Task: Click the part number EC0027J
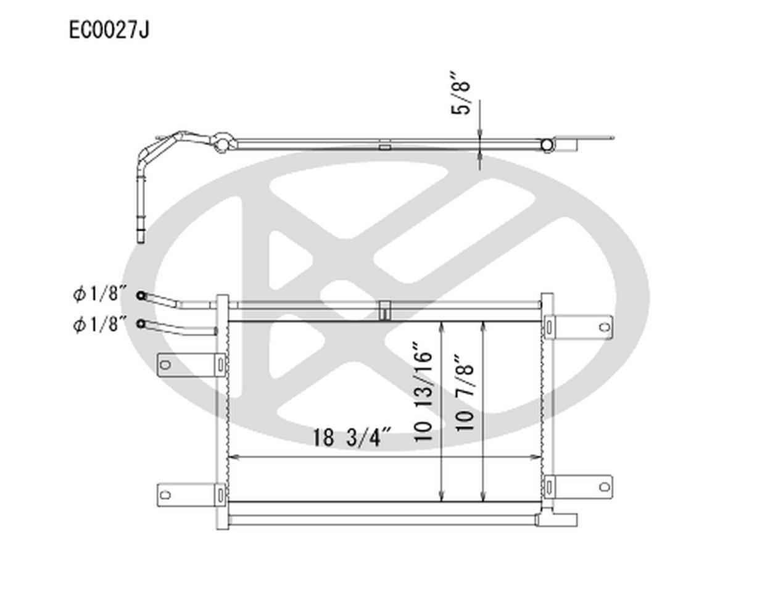(x=109, y=30)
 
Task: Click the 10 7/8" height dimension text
(x=465, y=393)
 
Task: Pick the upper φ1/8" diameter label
(x=100, y=294)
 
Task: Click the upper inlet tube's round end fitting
(x=141, y=296)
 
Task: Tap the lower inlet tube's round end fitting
(x=141, y=324)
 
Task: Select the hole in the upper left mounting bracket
(x=165, y=365)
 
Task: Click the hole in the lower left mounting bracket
(x=165, y=495)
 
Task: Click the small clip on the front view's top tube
(x=384, y=310)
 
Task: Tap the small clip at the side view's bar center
(x=384, y=147)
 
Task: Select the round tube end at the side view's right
(x=547, y=145)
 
